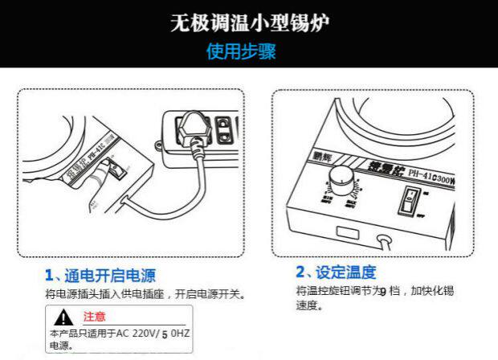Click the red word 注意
[x=94, y=317]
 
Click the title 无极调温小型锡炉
[x=249, y=22]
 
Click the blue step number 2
[x=300, y=272]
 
